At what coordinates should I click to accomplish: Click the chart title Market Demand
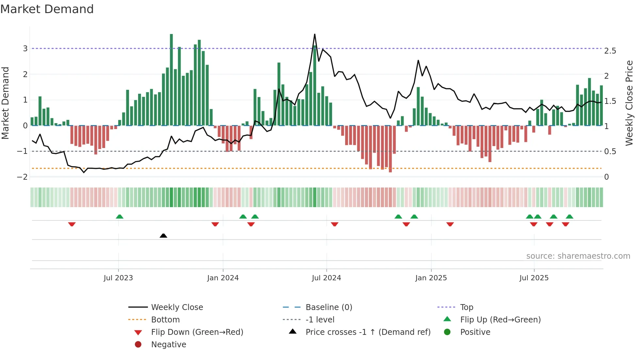coord(47,9)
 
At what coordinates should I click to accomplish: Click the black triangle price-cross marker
coord(163,236)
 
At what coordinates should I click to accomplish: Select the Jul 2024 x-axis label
coord(326,278)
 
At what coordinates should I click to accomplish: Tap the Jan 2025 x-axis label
coord(431,278)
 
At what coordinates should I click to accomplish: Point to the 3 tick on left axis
coord(25,49)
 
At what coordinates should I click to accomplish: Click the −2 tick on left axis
coord(23,177)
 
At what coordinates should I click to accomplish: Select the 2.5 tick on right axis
coord(610,51)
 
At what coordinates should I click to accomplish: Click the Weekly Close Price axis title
coord(629,103)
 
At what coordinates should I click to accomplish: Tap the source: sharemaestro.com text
coord(578,256)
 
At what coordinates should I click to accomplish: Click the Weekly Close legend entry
coord(177,307)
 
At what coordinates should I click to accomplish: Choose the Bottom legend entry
coord(165,320)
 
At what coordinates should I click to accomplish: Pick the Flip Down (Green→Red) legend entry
coord(197,332)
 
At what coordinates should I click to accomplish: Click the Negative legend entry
coord(168,345)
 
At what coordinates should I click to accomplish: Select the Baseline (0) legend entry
coord(328,307)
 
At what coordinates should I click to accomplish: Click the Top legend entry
coord(466,307)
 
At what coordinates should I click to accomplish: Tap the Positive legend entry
coord(475,332)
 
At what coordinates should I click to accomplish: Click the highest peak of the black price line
coord(314,34)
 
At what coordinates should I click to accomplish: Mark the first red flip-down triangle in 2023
coord(72,224)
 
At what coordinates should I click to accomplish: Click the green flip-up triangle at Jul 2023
coord(120,217)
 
